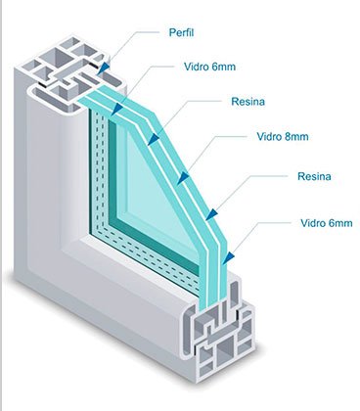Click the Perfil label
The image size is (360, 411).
pos(181,32)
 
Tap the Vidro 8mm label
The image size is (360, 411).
pos(283,136)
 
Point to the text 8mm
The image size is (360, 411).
pos(295,136)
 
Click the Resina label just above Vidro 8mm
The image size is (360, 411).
pos(247,102)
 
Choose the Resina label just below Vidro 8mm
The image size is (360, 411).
pos(314,176)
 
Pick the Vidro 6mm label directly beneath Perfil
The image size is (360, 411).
pos(209,67)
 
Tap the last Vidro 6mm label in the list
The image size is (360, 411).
pos(326,223)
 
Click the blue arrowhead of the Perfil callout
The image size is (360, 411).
pos(104,68)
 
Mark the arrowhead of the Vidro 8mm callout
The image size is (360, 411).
pos(183,178)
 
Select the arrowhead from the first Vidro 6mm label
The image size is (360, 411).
pos(117,110)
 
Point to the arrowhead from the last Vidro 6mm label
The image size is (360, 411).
pos(229,257)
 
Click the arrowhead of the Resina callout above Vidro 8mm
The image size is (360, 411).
pos(154,139)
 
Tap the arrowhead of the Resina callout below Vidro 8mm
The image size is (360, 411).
pos(211,214)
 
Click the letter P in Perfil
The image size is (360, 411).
pos(172,32)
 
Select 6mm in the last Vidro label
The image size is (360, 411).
pos(340,223)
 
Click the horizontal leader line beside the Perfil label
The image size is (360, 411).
pos(146,32)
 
